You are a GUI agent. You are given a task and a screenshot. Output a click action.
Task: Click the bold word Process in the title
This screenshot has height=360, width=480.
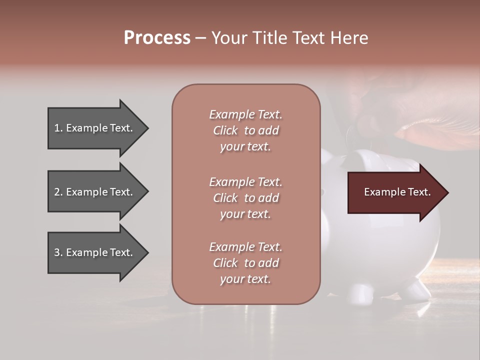pyautogui.click(x=157, y=38)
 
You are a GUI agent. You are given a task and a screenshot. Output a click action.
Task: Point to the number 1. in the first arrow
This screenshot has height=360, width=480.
pyautogui.click(x=58, y=128)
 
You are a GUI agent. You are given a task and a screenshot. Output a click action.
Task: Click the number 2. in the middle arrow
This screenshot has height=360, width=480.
pyautogui.click(x=58, y=192)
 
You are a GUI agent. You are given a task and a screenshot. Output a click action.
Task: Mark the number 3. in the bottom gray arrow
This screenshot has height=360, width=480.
pyautogui.click(x=58, y=252)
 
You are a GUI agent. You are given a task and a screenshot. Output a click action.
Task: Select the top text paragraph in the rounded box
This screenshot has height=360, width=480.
pyautogui.click(x=245, y=130)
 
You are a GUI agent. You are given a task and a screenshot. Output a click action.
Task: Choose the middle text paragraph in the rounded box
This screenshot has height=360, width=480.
pyautogui.click(x=245, y=198)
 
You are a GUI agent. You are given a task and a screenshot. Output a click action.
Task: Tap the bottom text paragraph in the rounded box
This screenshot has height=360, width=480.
pyautogui.click(x=245, y=263)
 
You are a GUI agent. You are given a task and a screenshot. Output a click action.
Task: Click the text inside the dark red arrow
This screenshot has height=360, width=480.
pyautogui.click(x=397, y=192)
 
